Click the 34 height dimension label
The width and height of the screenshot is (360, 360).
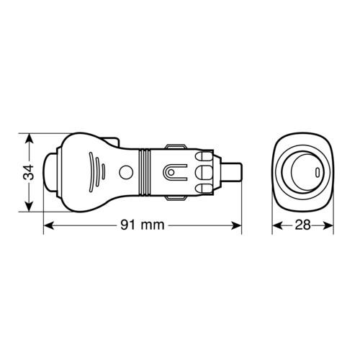coord(29,172)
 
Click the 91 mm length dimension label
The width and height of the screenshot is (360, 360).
coord(143,225)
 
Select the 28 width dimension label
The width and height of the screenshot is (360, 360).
coord(302,225)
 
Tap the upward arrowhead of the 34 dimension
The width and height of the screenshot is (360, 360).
coord(29,139)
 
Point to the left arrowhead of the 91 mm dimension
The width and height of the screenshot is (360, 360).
coord(49,225)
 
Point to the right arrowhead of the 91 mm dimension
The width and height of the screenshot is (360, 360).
coord(236,225)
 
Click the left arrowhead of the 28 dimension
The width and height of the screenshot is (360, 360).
coord(277,225)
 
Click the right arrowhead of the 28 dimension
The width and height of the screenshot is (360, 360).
coord(328,225)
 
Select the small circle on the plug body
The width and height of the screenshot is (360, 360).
coord(126,172)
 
